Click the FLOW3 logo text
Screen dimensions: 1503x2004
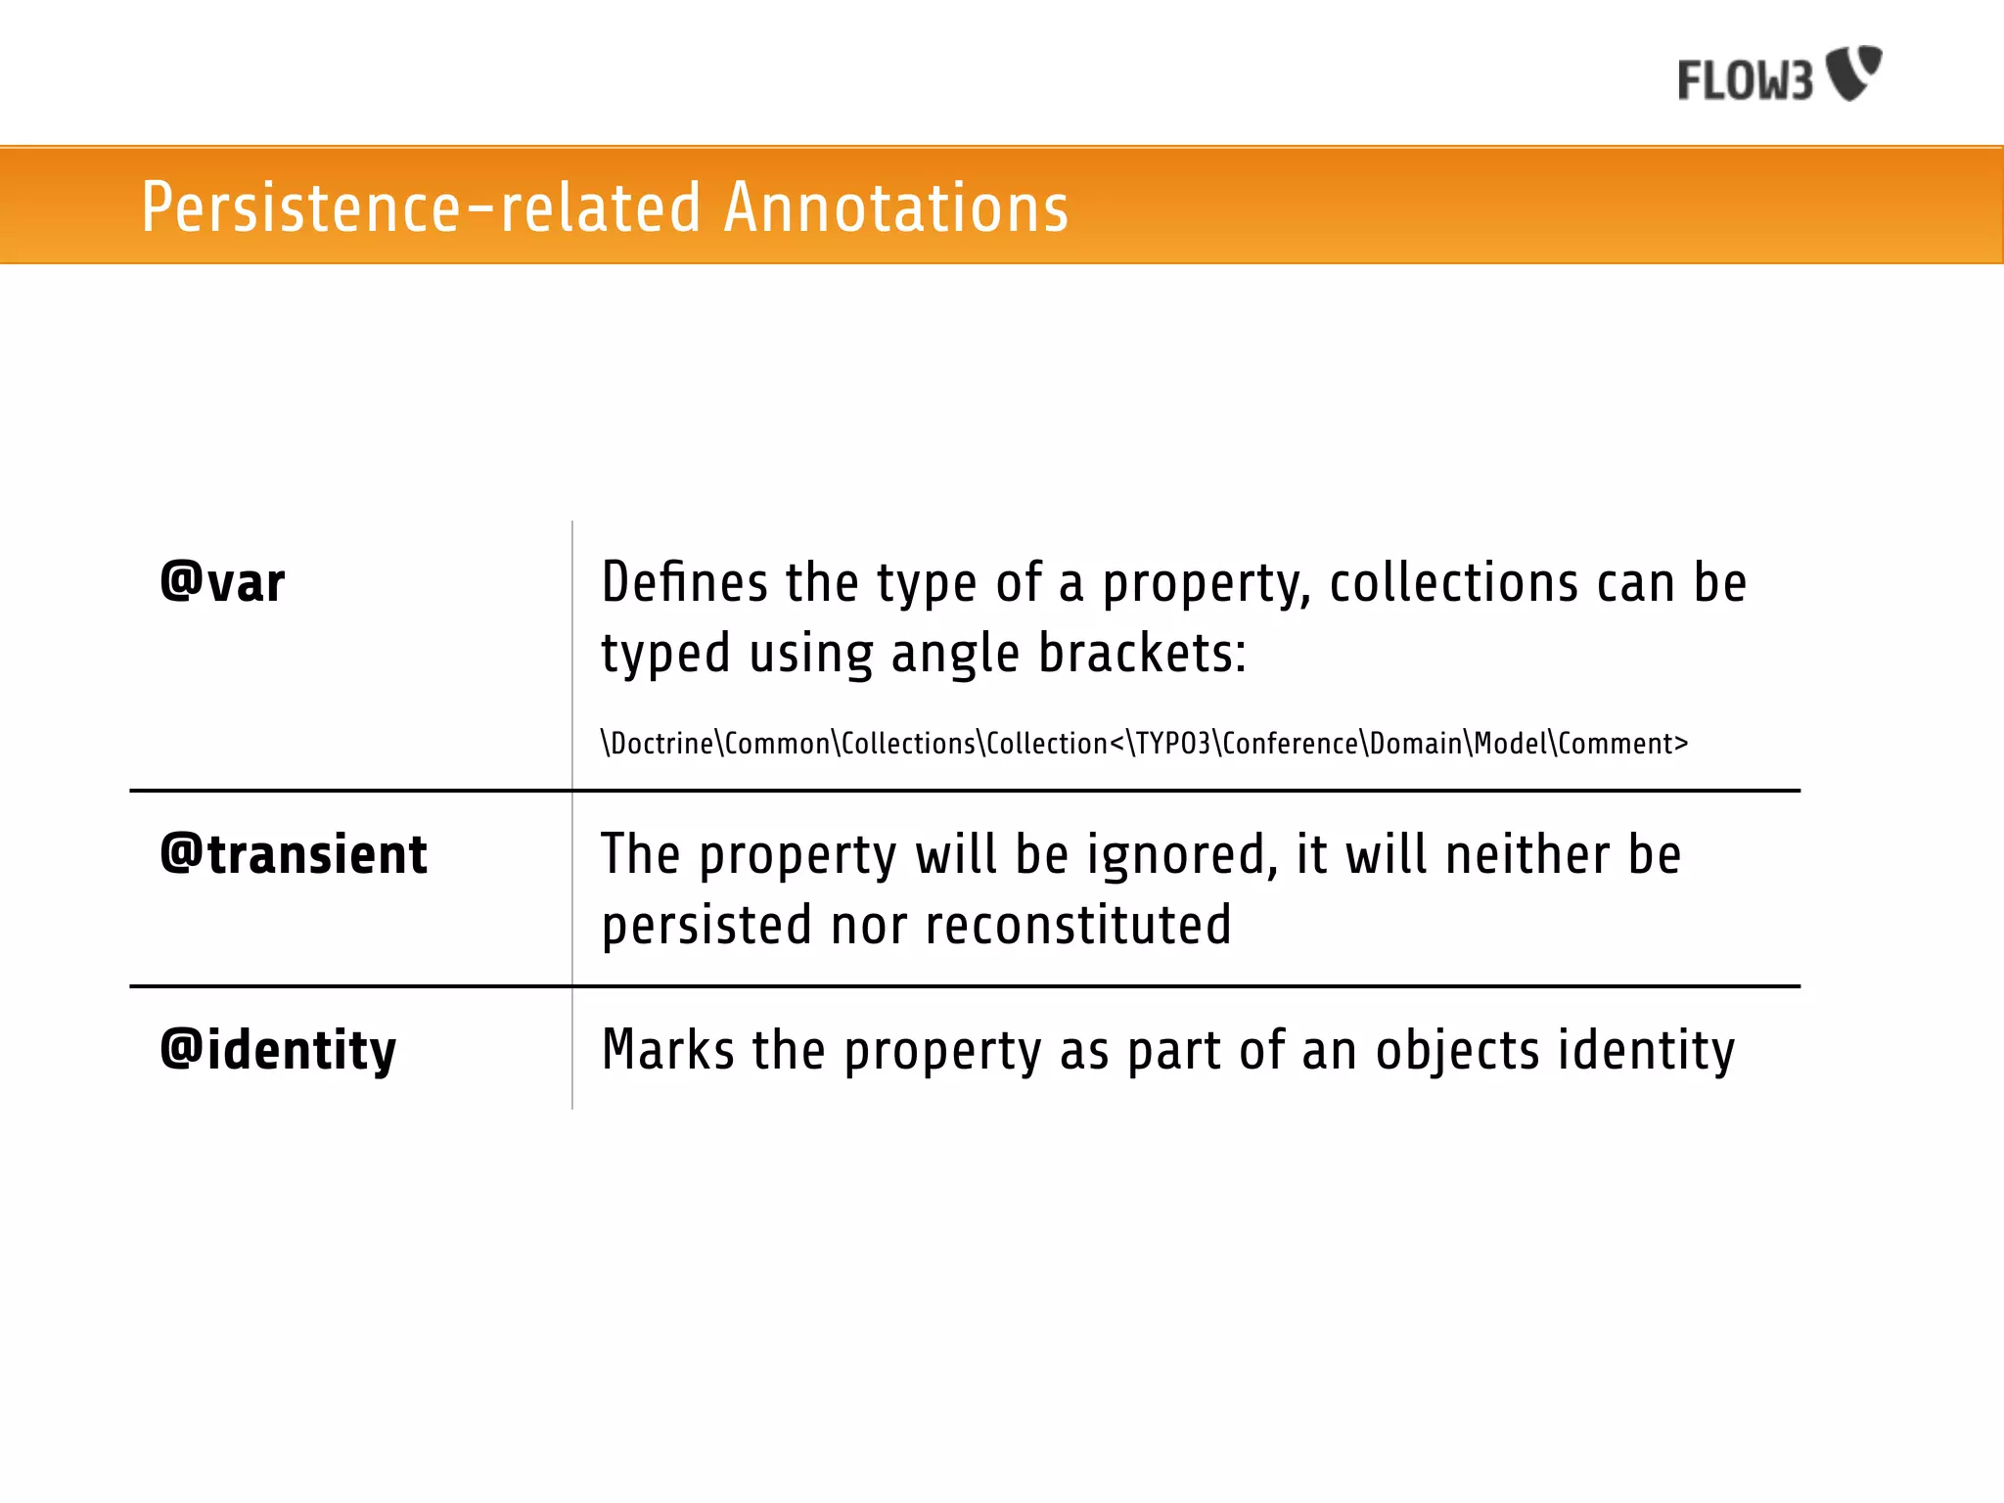(x=1745, y=80)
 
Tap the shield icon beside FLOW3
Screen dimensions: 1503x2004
(x=1854, y=72)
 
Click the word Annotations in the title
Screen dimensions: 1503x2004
(x=895, y=207)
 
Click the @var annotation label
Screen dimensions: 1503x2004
(x=223, y=583)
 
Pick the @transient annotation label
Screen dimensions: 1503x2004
(x=294, y=854)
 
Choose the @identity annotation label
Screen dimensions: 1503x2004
(x=279, y=1050)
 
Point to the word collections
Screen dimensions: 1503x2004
(x=1453, y=583)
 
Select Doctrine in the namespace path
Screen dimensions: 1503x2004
(x=662, y=744)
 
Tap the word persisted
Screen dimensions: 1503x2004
(x=706, y=926)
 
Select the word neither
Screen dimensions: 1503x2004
(x=1526, y=855)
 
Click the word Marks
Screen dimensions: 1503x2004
(x=667, y=1051)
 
